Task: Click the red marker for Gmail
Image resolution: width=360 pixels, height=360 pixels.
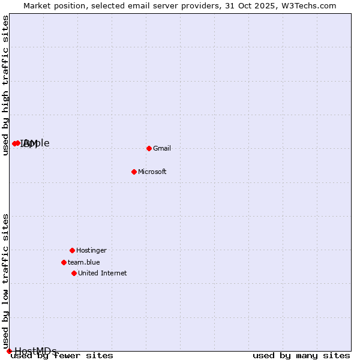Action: (149, 148)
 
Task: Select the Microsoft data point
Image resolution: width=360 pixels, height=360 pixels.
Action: (134, 172)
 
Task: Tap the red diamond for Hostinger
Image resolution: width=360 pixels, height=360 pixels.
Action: (72, 250)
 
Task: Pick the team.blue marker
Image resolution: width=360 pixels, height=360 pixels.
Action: (64, 262)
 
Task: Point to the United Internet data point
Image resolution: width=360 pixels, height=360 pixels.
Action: (74, 273)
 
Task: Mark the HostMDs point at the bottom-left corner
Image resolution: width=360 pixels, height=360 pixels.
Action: (9, 351)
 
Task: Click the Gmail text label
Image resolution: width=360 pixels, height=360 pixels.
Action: (162, 148)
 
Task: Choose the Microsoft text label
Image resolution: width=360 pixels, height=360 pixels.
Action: (152, 172)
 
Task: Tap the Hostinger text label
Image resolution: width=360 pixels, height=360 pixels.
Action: (91, 250)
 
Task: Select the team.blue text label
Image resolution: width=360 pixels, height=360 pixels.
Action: (83, 262)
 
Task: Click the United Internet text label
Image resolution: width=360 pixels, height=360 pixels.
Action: (102, 273)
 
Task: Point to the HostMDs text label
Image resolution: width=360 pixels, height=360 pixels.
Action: (35, 351)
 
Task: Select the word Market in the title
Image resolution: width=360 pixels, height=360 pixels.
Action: (37, 5)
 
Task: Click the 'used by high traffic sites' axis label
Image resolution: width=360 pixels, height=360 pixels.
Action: (5, 85)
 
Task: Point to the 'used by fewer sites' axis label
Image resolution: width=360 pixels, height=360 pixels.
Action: (62, 356)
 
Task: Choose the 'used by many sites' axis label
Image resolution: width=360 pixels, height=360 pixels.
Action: (301, 356)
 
